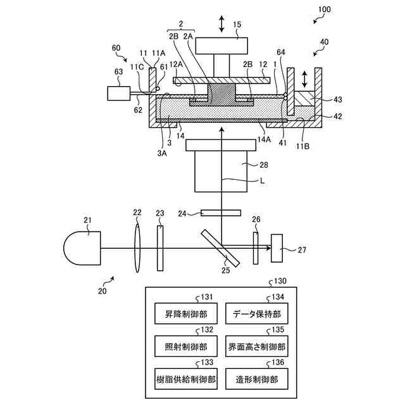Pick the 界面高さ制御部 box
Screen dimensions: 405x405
click(256, 346)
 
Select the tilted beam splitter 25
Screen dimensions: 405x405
click(221, 247)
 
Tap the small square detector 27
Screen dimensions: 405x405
click(277, 247)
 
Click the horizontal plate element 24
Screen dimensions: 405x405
click(220, 213)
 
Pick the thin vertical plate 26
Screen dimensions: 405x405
click(256, 247)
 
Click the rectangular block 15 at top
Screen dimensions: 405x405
click(221, 46)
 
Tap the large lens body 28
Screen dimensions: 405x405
click(221, 170)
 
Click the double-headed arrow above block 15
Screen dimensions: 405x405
click(221, 24)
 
